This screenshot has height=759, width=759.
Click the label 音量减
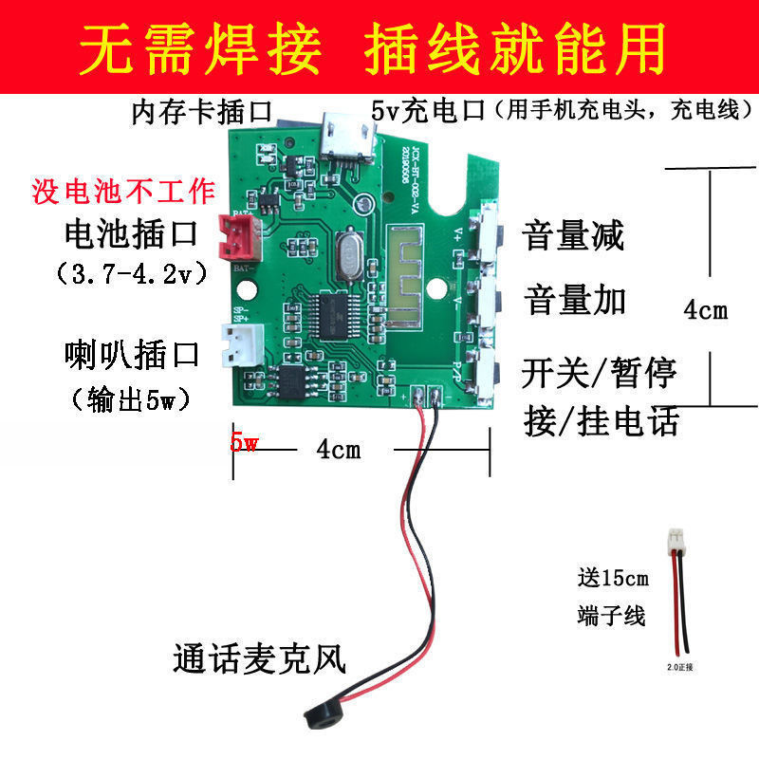coord(573,236)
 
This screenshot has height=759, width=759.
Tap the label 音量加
coord(573,301)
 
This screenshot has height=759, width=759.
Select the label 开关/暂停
coord(600,372)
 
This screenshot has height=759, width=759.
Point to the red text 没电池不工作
coord(123,190)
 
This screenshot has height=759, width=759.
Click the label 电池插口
coord(129,232)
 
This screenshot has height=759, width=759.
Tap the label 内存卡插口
coord(202,112)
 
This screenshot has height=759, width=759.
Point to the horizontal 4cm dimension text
coord(338,450)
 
